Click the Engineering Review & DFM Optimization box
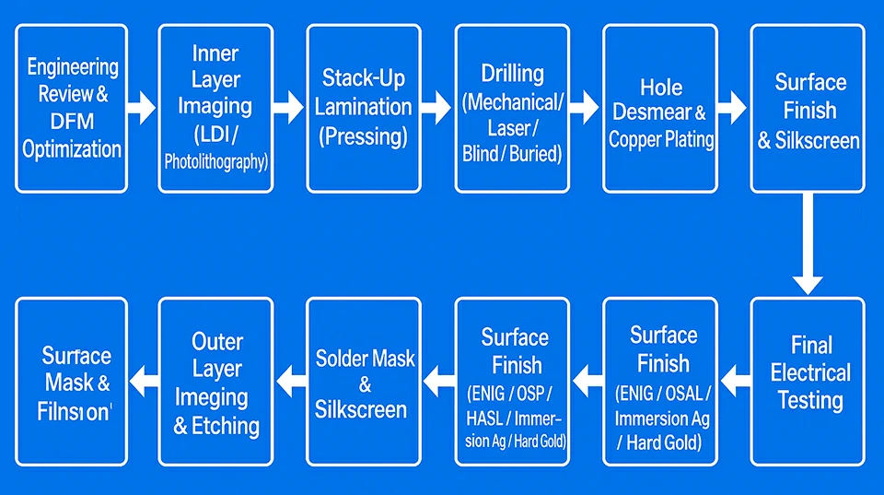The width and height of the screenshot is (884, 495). click(72, 108)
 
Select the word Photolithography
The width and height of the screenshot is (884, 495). click(215, 162)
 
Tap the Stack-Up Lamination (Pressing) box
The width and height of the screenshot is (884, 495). click(364, 108)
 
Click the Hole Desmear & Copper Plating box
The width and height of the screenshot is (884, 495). click(660, 108)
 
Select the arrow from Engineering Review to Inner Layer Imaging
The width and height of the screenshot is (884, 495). click(142, 108)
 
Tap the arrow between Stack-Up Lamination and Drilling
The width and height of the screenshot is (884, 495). click(437, 108)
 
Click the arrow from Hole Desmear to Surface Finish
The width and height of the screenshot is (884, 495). click(732, 108)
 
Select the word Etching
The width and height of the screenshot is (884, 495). click(226, 426)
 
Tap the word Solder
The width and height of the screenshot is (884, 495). click(343, 359)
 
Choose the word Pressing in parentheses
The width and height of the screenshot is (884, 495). click(364, 136)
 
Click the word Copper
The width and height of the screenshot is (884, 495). click(636, 140)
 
